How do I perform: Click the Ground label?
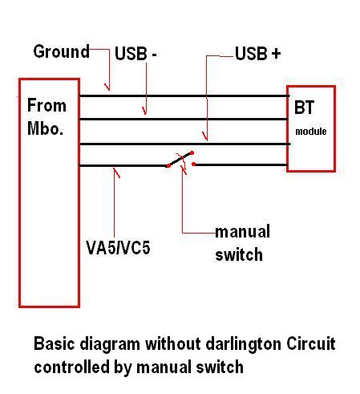coord(62,51)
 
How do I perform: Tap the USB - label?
coord(136,54)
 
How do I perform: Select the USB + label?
coord(257,53)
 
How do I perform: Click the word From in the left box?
coord(47,105)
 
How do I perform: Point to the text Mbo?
coord(45,128)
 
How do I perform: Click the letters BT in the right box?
coord(304,108)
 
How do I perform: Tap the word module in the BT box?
coord(311,132)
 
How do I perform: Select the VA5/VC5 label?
coord(118,247)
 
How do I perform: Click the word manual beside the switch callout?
coord(242,231)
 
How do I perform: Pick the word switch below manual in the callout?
coord(239,254)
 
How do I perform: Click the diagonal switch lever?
coord(180,160)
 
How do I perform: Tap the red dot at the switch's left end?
coord(168,166)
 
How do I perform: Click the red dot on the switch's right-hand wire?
coord(194,164)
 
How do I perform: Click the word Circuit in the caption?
coord(311,343)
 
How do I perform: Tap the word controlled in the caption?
coord(71,367)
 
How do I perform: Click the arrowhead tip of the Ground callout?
coord(109,91)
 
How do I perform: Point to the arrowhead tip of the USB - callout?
coord(145,115)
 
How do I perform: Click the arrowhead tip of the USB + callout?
coord(207,140)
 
